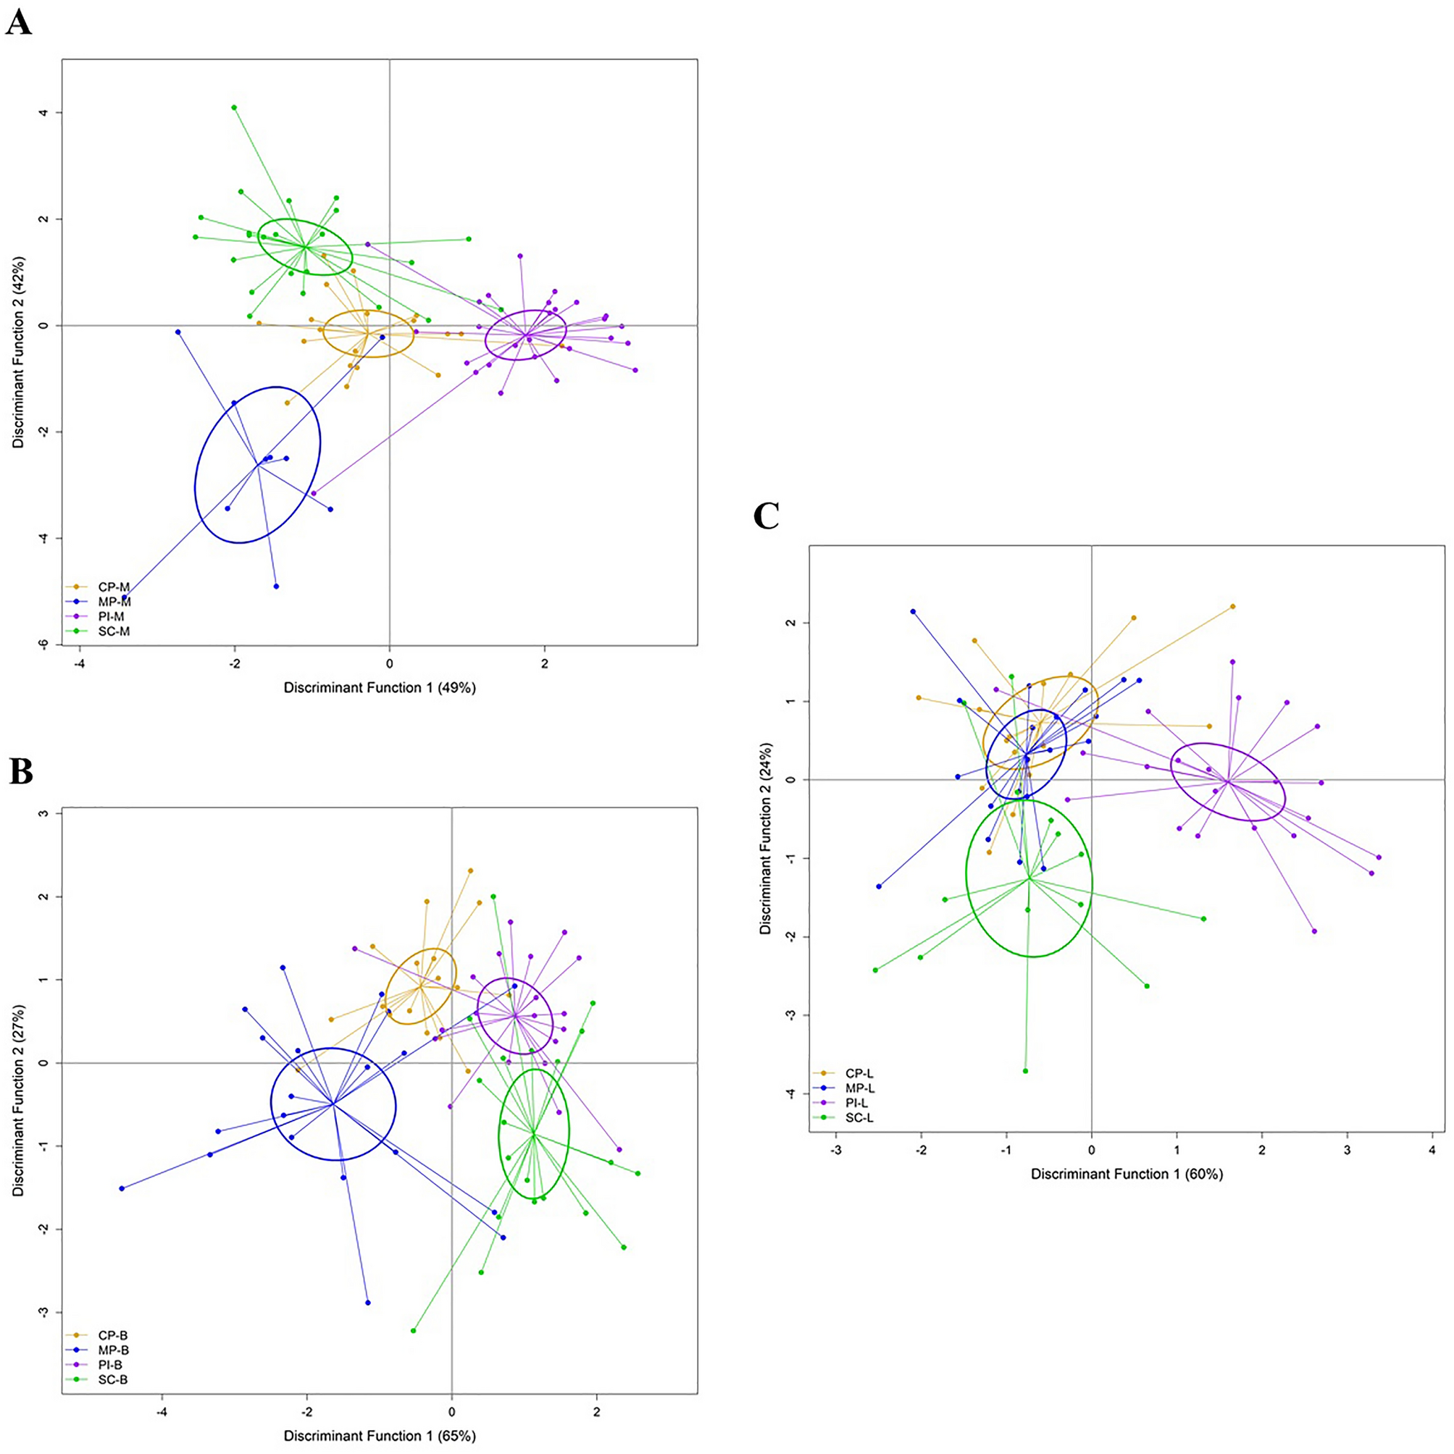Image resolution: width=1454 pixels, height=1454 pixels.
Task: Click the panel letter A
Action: (20, 22)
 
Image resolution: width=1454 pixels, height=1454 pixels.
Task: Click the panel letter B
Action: (20, 771)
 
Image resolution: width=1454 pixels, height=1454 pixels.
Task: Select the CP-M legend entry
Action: (113, 587)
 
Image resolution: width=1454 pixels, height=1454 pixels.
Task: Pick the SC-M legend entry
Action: (113, 631)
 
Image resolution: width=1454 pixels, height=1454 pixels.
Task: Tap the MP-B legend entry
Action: (113, 1351)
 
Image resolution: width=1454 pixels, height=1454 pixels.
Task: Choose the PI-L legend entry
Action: (859, 1103)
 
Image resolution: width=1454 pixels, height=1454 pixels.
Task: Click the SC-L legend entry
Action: (859, 1117)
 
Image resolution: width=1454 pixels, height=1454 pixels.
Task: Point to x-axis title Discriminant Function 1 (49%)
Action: (380, 687)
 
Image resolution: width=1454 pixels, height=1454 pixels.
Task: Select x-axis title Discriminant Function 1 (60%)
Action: (1127, 1174)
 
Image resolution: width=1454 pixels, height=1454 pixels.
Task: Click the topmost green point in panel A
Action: (234, 108)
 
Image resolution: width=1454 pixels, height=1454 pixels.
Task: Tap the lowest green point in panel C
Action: (1025, 1071)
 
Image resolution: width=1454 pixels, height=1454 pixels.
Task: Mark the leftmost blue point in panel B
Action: (122, 1188)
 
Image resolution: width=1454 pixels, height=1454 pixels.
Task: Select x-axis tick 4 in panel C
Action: (1432, 1150)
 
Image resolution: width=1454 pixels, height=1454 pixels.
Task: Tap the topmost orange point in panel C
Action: (1232, 607)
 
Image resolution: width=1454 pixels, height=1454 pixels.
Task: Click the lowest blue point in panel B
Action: (367, 1303)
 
